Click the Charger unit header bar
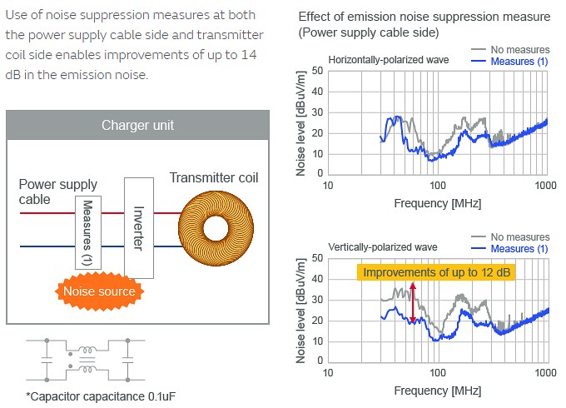(137, 126)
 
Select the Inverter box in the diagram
(138, 226)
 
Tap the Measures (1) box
(88, 231)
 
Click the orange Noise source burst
(99, 291)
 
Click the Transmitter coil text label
(214, 177)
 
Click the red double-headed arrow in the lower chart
(412, 302)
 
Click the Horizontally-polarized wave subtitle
(389, 61)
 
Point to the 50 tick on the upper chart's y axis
(317, 72)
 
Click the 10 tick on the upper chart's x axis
(327, 185)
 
